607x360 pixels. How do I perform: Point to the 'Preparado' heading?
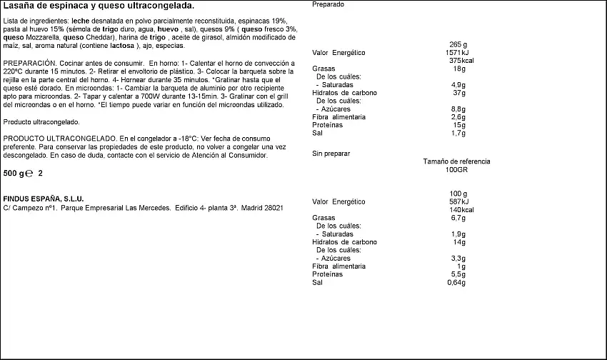coord(328,4)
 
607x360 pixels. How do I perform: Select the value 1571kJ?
coord(458,52)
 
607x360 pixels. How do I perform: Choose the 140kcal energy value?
coord(458,209)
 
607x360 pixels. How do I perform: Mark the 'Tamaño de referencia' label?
coord(456,161)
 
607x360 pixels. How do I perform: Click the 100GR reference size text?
coord(456,170)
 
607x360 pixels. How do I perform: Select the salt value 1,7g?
coord(458,133)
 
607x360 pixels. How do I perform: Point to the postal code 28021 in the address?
coord(274,208)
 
